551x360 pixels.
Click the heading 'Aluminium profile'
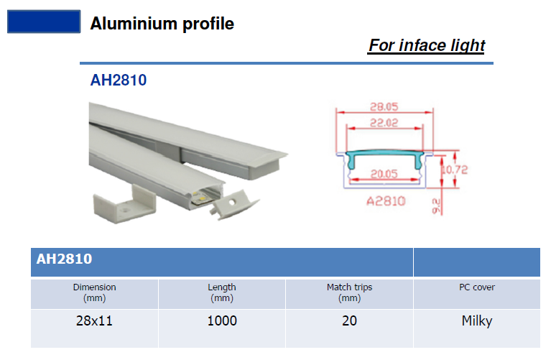click(x=162, y=24)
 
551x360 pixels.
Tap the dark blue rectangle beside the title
click(x=44, y=22)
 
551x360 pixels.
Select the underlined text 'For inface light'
click(x=427, y=45)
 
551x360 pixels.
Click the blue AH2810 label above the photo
click(x=118, y=80)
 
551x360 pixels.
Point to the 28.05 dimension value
click(x=384, y=106)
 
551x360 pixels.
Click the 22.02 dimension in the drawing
click(x=384, y=123)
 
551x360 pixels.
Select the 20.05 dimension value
click(x=384, y=174)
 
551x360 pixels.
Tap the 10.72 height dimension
click(x=455, y=170)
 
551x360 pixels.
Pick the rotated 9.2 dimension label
click(x=436, y=206)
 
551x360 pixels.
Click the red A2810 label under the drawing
click(x=386, y=201)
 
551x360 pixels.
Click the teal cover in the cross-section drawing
click(x=384, y=154)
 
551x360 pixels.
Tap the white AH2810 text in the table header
click(x=65, y=259)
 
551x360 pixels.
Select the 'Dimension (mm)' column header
click(x=95, y=292)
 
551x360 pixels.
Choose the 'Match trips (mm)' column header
click(x=350, y=292)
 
